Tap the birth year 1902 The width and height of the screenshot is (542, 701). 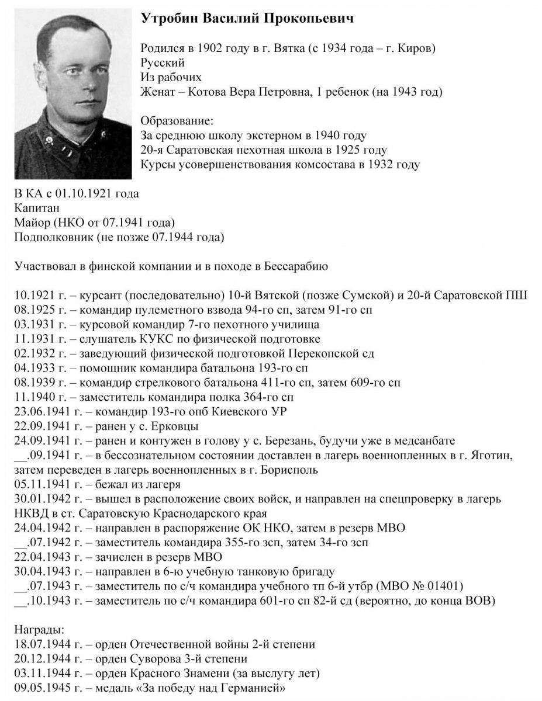(x=206, y=48)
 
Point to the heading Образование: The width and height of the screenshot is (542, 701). (x=178, y=121)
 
